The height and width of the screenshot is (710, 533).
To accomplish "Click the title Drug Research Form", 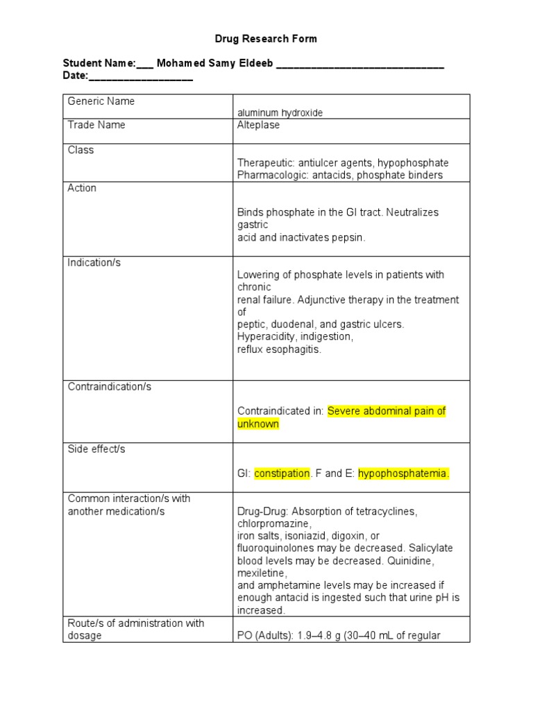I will tap(266, 39).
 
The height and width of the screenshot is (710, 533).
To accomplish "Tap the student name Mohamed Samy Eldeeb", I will tap(215, 64).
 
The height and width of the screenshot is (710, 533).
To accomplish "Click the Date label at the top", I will tap(75, 76).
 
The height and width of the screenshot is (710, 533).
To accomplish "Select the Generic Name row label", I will tap(101, 101).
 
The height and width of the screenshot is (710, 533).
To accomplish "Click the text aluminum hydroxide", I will tap(280, 113).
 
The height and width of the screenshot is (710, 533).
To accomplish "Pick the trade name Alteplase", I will tap(258, 125).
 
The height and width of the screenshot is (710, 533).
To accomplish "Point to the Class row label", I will tap(81, 150).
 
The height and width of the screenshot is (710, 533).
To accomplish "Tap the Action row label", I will tap(82, 188).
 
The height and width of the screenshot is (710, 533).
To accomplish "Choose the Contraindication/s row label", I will tap(109, 387).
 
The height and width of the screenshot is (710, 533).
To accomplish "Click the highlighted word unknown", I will tap(258, 424).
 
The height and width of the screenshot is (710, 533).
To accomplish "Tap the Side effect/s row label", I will tap(96, 449).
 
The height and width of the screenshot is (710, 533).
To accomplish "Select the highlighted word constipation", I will tap(282, 474).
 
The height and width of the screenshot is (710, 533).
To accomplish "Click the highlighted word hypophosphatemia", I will tap(404, 474).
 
